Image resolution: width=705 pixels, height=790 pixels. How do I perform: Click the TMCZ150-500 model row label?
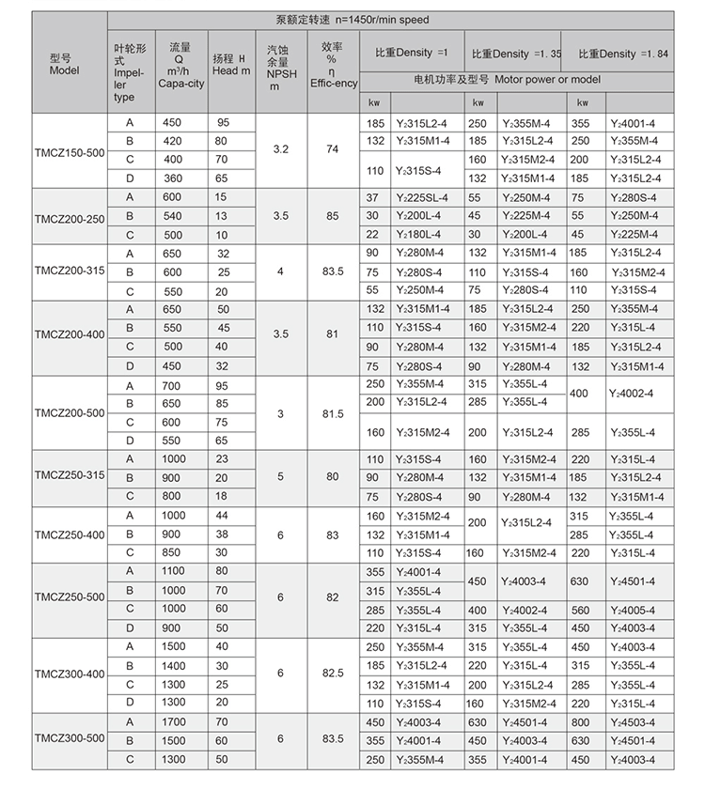(69, 150)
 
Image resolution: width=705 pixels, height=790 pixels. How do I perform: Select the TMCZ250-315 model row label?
(69, 477)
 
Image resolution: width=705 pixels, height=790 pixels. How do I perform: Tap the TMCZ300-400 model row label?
(69, 674)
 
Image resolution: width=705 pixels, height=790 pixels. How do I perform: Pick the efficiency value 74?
(332, 149)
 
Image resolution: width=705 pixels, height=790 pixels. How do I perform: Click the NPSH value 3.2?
(280, 149)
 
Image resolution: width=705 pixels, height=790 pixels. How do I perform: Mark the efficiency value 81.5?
(332, 412)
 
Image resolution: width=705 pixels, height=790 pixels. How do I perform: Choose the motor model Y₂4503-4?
(635, 721)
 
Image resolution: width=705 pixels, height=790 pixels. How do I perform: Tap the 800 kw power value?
(581, 721)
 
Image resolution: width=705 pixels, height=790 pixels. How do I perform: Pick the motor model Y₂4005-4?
(635, 609)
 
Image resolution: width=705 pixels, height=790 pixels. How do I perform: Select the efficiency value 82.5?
(332, 674)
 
